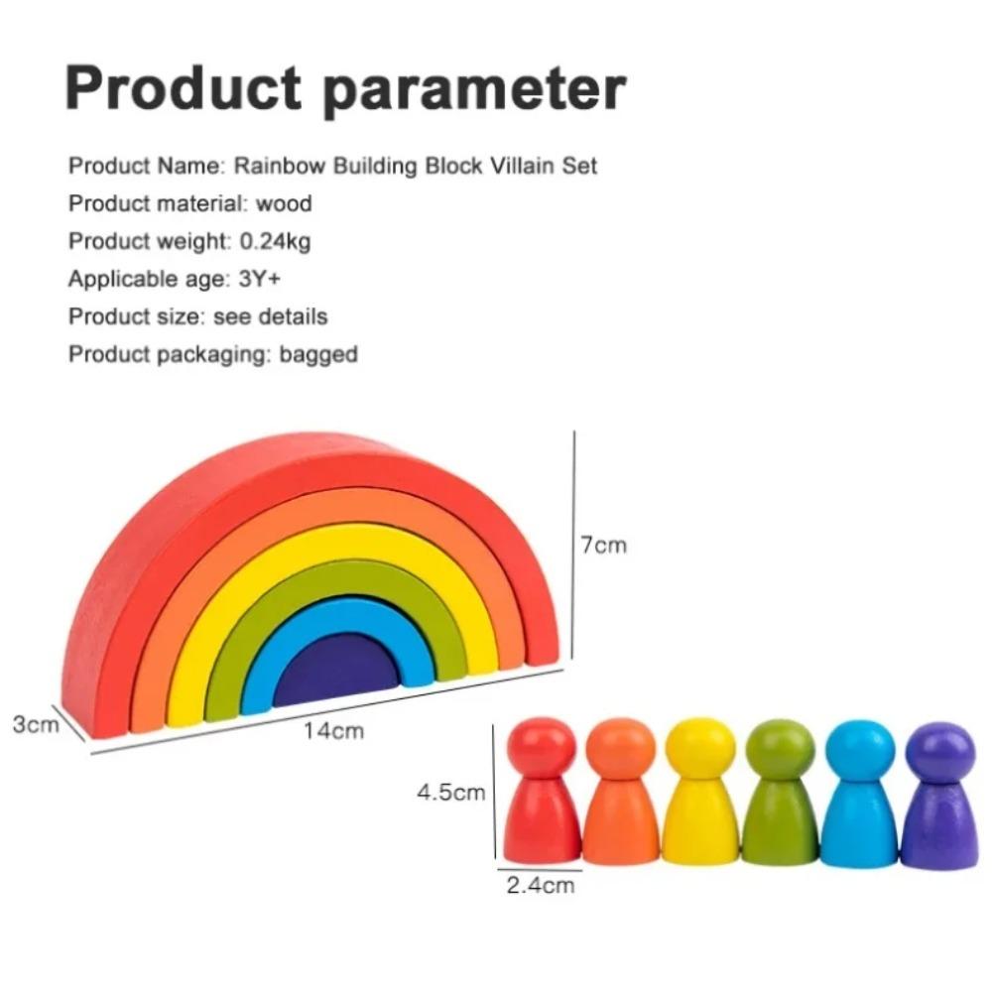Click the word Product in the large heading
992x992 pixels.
coord(184,88)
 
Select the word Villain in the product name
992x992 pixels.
coord(523,166)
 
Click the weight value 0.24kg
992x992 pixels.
coord(275,241)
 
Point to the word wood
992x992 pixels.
coord(284,203)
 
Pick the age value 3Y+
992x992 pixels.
coord(259,279)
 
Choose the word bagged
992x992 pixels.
coord(318,354)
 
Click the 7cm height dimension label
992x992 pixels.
coord(603,545)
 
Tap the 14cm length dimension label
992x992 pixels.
coord(333,731)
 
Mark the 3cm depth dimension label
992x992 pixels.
coord(36,724)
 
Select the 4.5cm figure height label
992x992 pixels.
coord(450,792)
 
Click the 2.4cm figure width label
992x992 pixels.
coord(541,885)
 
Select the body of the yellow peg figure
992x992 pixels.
coord(700,821)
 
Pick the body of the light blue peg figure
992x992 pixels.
coord(859,824)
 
